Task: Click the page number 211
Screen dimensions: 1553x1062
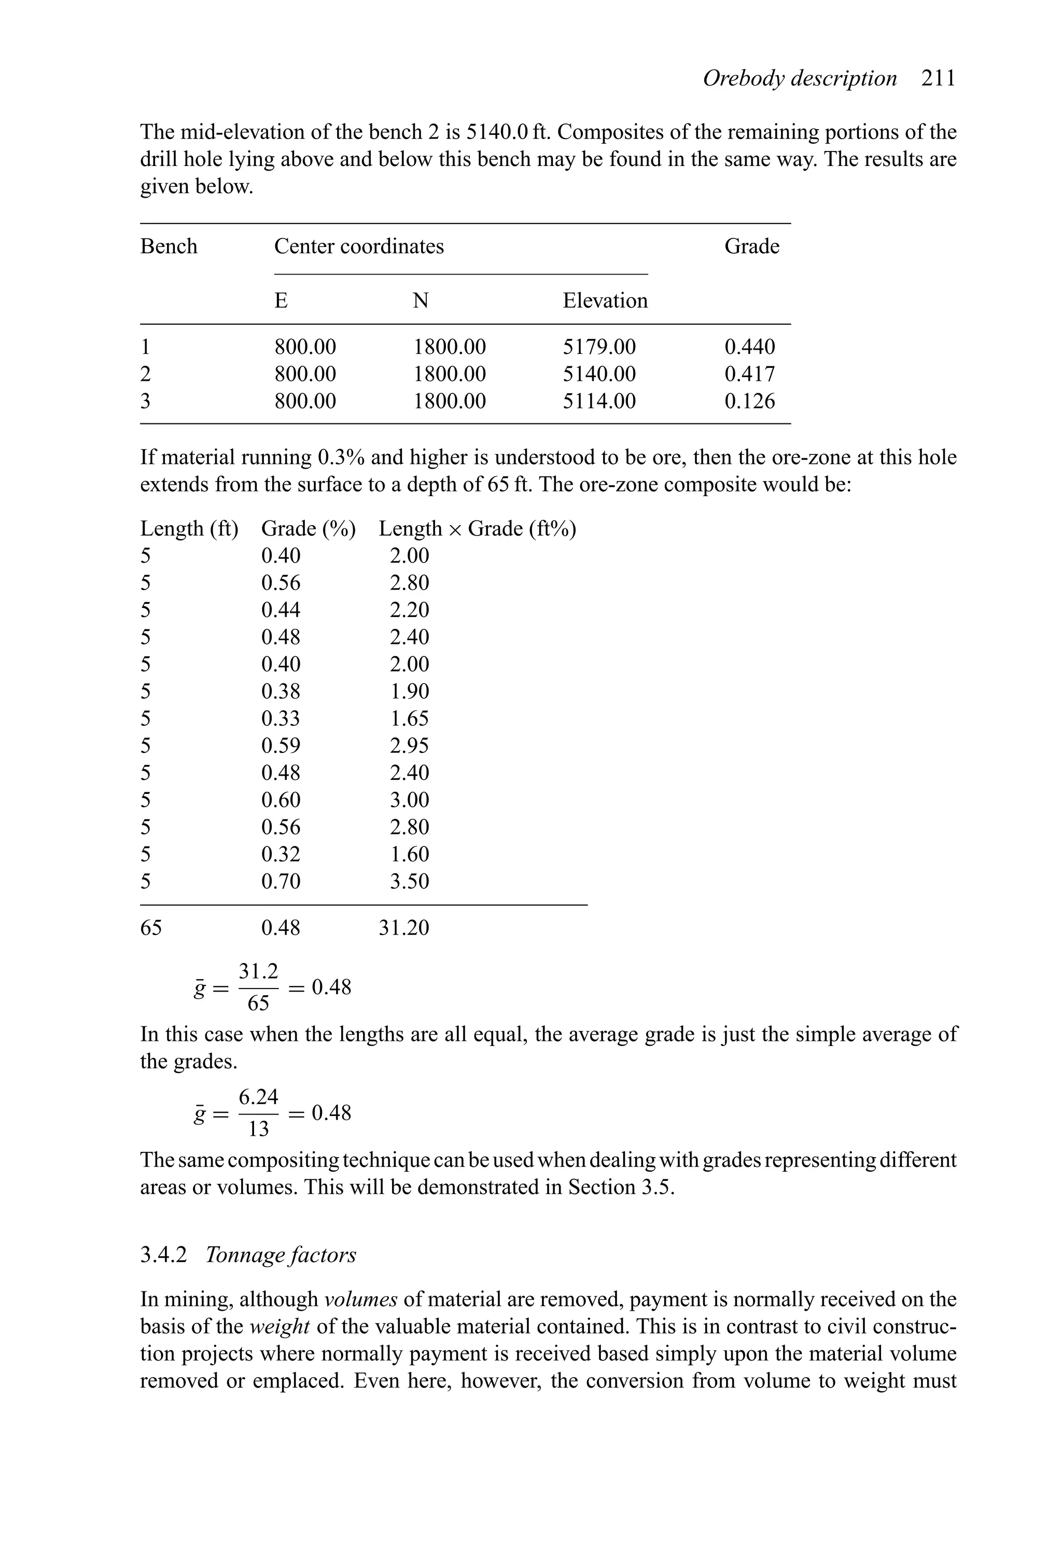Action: pyautogui.click(x=939, y=79)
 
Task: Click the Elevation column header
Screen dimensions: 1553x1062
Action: pyautogui.click(x=605, y=301)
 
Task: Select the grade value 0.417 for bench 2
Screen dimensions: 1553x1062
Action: pyautogui.click(x=749, y=374)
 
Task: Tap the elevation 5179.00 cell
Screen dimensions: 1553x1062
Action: pyautogui.click(x=599, y=347)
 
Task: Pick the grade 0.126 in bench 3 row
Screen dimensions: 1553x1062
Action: pyautogui.click(x=749, y=401)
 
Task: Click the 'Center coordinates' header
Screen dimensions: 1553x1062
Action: pyautogui.click(x=359, y=246)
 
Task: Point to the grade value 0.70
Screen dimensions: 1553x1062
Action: pyautogui.click(x=281, y=882)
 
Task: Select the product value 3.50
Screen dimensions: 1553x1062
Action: pyautogui.click(x=410, y=882)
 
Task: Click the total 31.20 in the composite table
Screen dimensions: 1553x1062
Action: pyautogui.click(x=403, y=928)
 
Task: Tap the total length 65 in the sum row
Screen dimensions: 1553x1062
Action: pyautogui.click(x=151, y=928)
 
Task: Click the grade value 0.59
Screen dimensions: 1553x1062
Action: pyautogui.click(x=281, y=746)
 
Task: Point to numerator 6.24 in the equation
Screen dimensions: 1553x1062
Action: pyautogui.click(x=258, y=1097)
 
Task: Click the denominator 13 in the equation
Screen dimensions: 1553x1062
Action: pyautogui.click(x=258, y=1129)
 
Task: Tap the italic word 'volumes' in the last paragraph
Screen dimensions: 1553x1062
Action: pyautogui.click(x=361, y=1300)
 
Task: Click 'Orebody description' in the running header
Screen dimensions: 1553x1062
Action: pyautogui.click(x=800, y=79)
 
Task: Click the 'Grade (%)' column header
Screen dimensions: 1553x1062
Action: pyautogui.click(x=308, y=529)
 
